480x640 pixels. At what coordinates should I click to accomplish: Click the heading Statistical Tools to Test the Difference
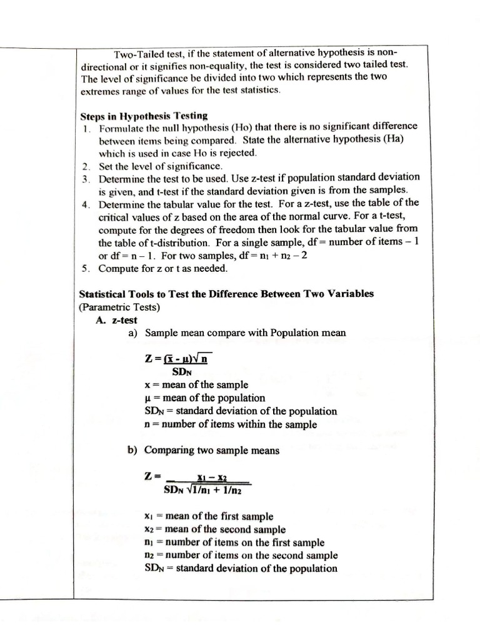[226, 294]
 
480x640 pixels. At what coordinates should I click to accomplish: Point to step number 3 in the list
[86, 178]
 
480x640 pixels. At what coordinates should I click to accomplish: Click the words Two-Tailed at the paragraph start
[136, 53]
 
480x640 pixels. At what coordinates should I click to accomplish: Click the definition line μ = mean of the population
[204, 397]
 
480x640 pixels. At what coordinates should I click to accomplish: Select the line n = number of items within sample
[230, 424]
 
